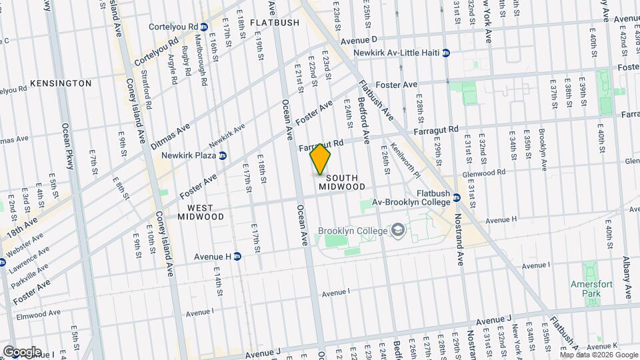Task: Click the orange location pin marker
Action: pyautogui.click(x=321, y=160)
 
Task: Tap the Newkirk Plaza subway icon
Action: pyautogui.click(x=223, y=155)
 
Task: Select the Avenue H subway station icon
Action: pyautogui.click(x=237, y=256)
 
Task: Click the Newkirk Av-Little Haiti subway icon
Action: pyautogui.click(x=446, y=53)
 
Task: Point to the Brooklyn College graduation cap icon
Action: pyautogui.click(x=399, y=231)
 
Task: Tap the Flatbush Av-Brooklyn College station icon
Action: pyautogui.click(x=457, y=197)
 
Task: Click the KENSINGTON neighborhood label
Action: pyautogui.click(x=61, y=83)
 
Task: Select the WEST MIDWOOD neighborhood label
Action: pyautogui.click(x=201, y=212)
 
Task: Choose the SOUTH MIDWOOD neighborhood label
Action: pyautogui.click(x=342, y=183)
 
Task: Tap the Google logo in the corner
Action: pyautogui.click(x=21, y=351)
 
